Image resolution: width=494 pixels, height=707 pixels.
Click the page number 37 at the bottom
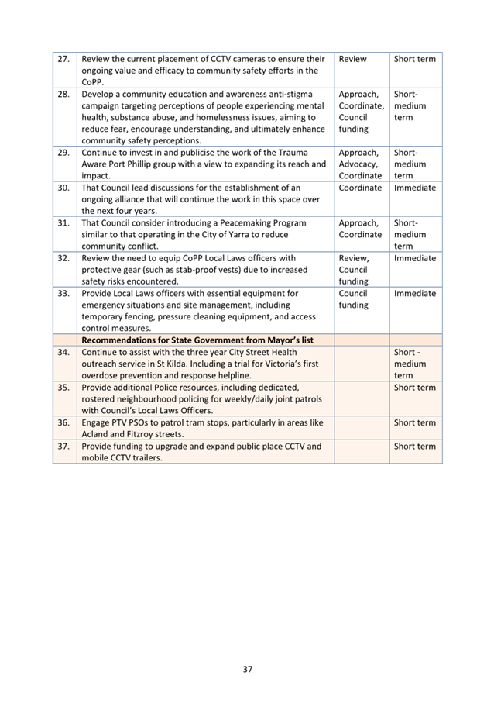247,669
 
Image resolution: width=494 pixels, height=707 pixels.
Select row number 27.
64,59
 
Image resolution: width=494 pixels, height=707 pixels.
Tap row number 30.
64,188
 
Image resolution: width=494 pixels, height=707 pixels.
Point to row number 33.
64,294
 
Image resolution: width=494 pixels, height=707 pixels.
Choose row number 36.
64,423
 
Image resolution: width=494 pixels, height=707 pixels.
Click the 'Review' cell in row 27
353,59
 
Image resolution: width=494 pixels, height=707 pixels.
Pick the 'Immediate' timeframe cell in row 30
414,188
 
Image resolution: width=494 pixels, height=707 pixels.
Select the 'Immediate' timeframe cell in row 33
414,294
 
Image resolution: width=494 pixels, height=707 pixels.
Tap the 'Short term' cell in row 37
414,447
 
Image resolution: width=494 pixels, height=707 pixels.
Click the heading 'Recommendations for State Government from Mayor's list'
208,340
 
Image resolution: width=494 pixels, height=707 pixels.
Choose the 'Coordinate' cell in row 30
360,188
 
